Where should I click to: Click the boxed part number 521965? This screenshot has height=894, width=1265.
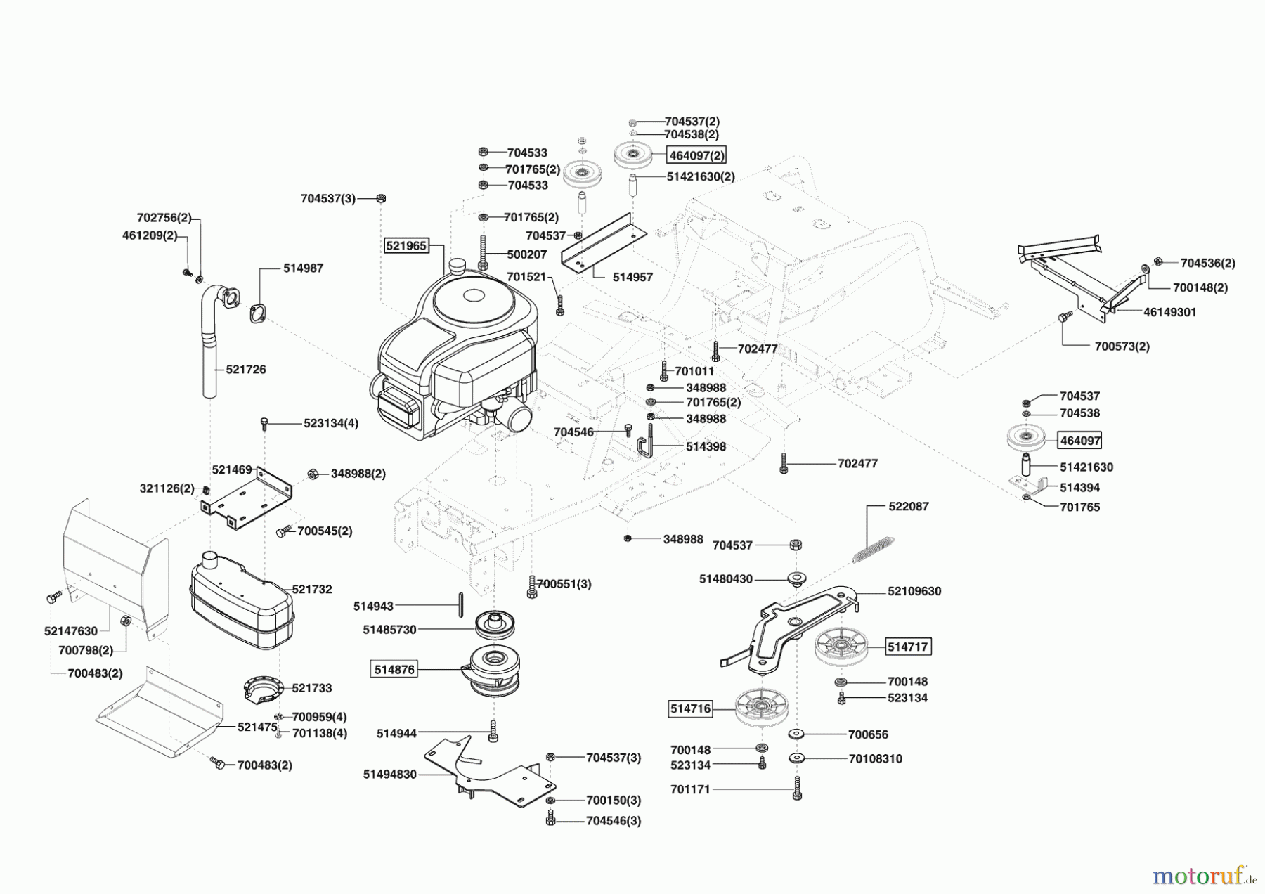406,245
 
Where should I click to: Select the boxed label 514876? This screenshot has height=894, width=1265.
394,670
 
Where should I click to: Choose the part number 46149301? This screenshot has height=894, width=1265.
1169,312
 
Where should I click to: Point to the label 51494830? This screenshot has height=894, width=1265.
390,775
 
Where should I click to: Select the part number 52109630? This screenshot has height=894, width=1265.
914,591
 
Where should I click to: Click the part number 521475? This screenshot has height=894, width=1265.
257,727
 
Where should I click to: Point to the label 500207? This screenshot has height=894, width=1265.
527,254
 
